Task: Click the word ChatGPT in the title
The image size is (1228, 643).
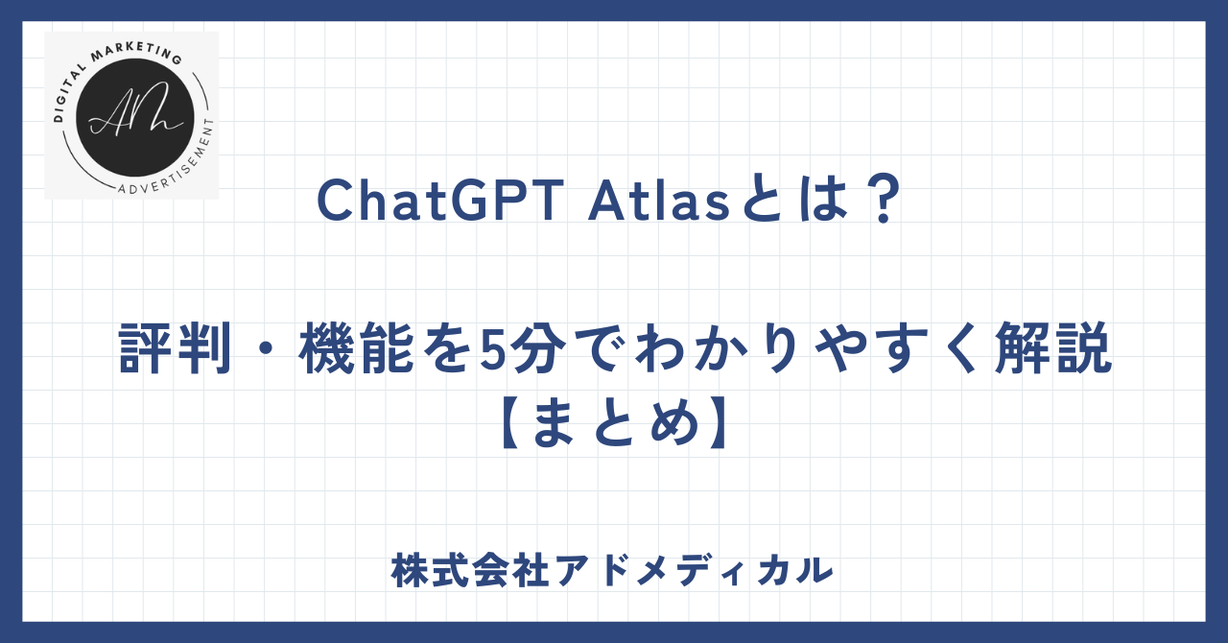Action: [440, 201]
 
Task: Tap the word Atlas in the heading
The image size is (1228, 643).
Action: [659, 201]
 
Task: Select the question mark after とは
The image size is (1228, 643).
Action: [884, 201]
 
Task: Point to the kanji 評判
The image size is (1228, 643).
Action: [175, 348]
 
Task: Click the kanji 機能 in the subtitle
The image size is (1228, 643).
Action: [356, 348]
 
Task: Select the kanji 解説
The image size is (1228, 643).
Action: [1053, 348]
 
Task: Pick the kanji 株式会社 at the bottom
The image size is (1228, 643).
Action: [471, 571]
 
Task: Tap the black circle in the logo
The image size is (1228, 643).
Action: [135, 118]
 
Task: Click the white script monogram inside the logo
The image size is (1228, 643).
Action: [135, 109]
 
